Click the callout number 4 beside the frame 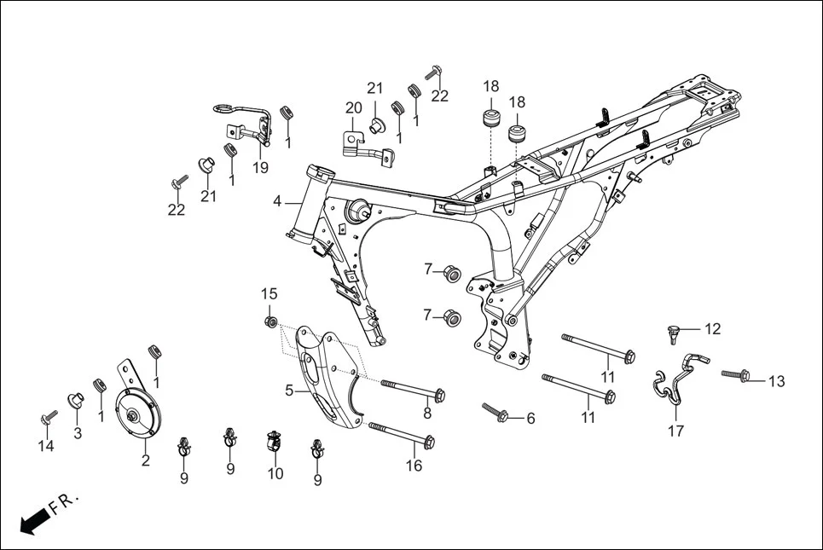277,201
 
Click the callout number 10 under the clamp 275,473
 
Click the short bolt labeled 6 496,412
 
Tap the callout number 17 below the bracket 675,431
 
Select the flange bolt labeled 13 734,373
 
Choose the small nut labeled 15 270,321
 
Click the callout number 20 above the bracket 354,107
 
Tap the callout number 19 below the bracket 260,167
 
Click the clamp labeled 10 275,443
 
